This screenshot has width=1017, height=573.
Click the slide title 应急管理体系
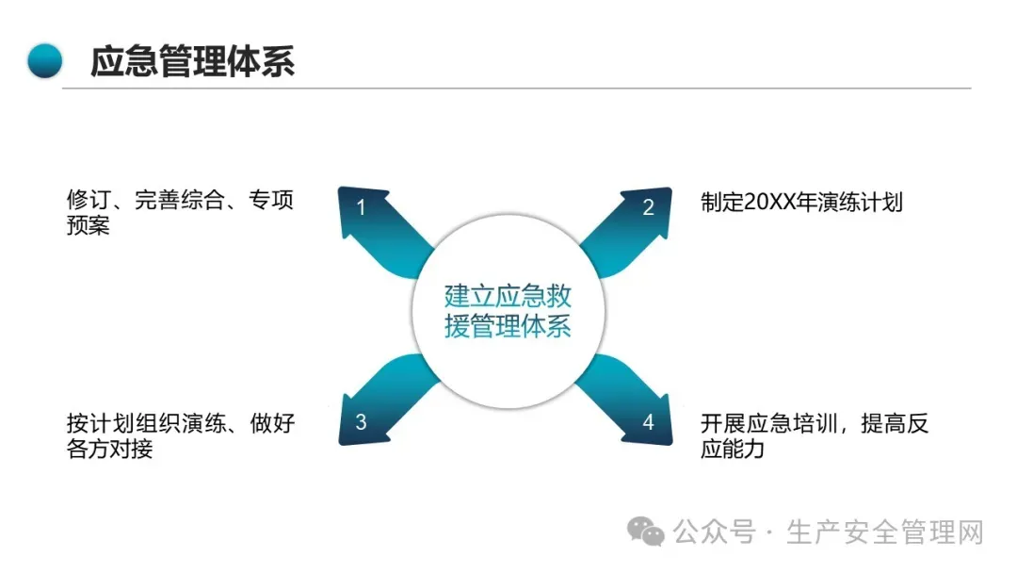click(192, 61)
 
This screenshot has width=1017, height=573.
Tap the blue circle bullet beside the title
click(44, 61)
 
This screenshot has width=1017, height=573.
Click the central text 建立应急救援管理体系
click(508, 311)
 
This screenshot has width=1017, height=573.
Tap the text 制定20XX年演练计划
click(801, 202)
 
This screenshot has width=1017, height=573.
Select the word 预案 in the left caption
click(88, 226)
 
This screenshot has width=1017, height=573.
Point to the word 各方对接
click(109, 449)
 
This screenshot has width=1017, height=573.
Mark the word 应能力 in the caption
click(733, 449)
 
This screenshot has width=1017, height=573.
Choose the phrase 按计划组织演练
click(145, 424)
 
